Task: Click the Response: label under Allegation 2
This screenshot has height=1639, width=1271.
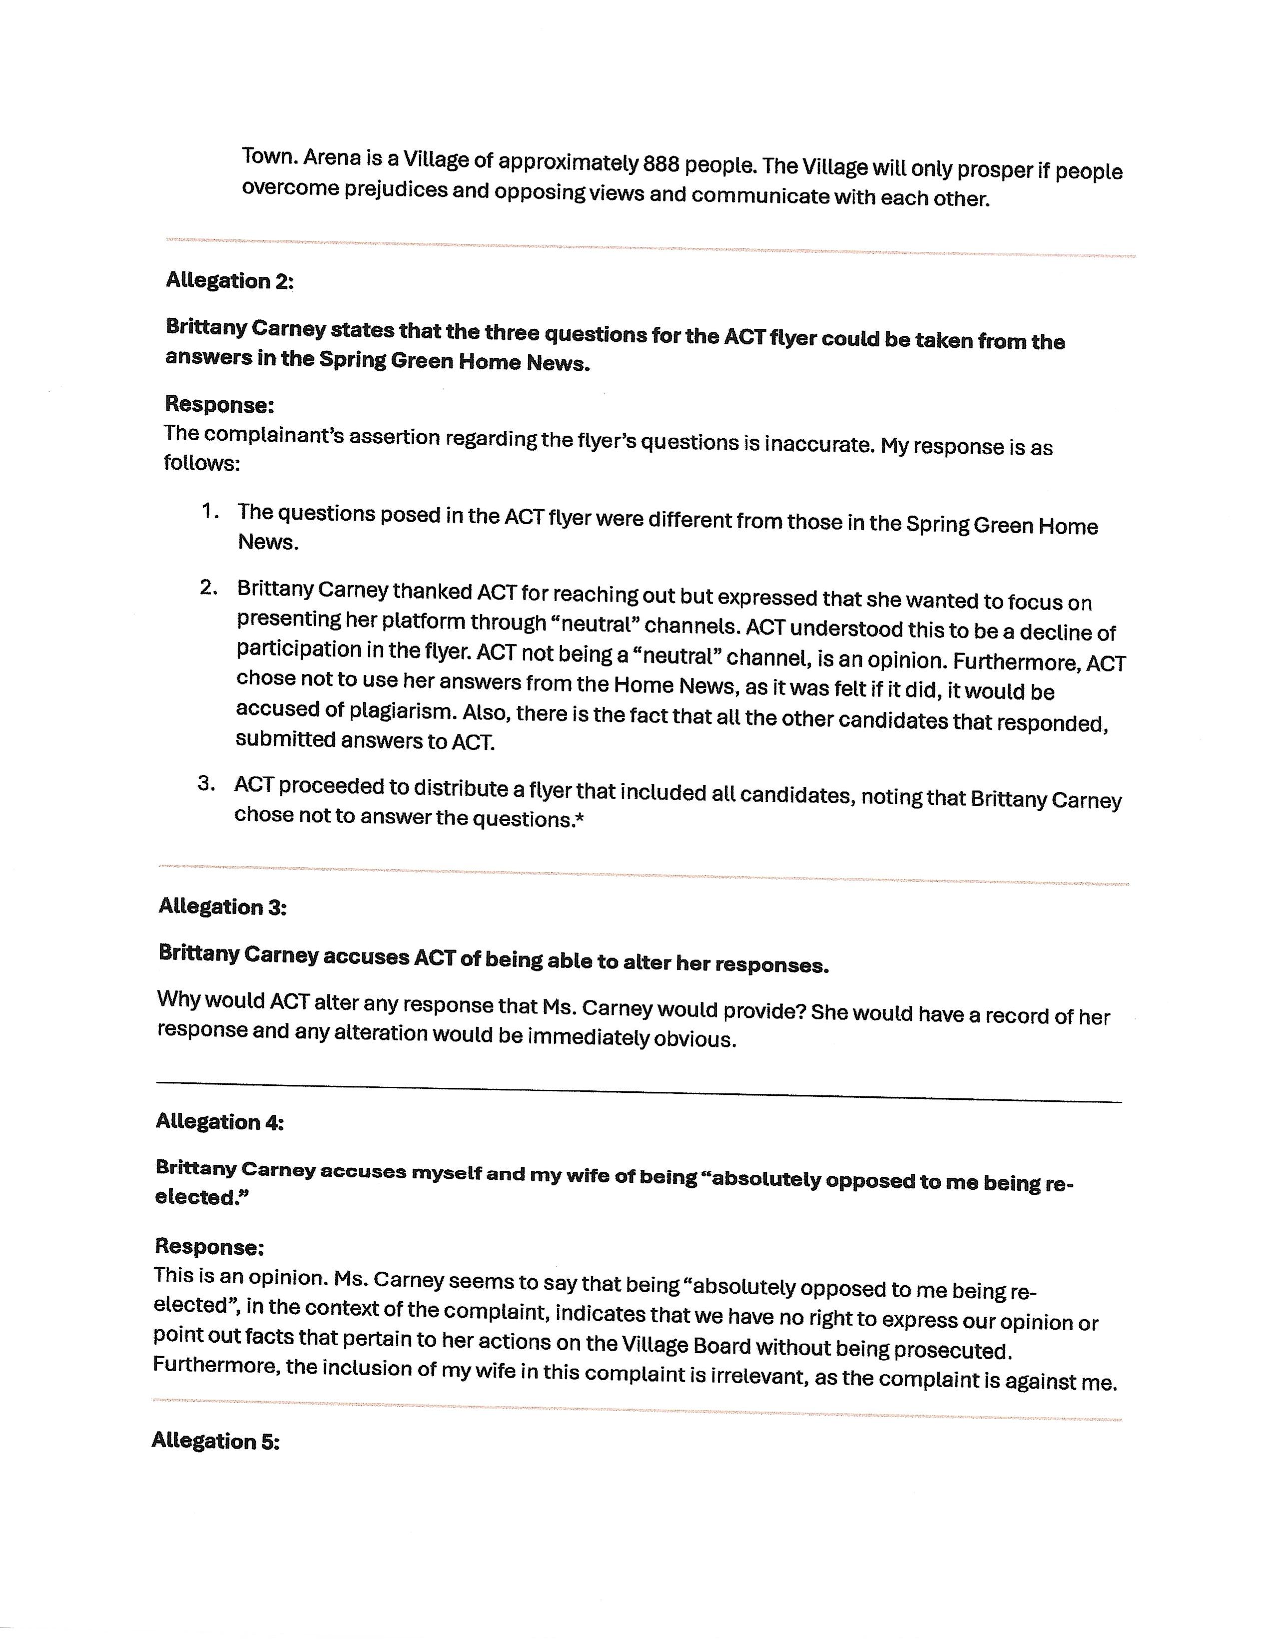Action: click(x=219, y=404)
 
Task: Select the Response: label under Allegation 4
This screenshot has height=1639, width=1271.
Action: click(x=209, y=1247)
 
